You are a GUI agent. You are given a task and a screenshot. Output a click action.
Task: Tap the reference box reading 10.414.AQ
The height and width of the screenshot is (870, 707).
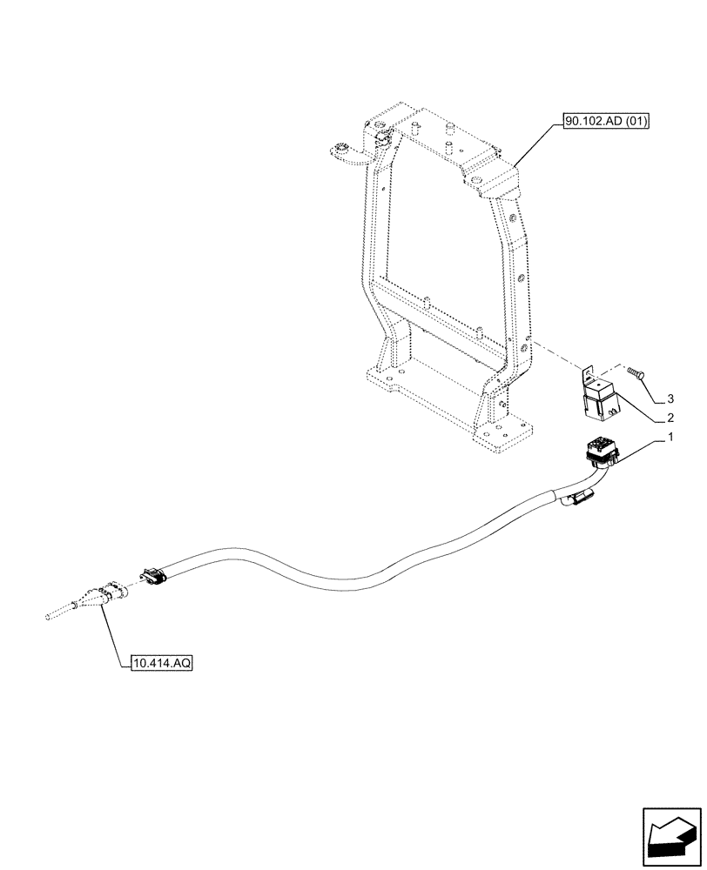point(162,663)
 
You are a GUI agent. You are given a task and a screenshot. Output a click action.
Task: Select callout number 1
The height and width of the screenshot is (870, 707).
point(670,440)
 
